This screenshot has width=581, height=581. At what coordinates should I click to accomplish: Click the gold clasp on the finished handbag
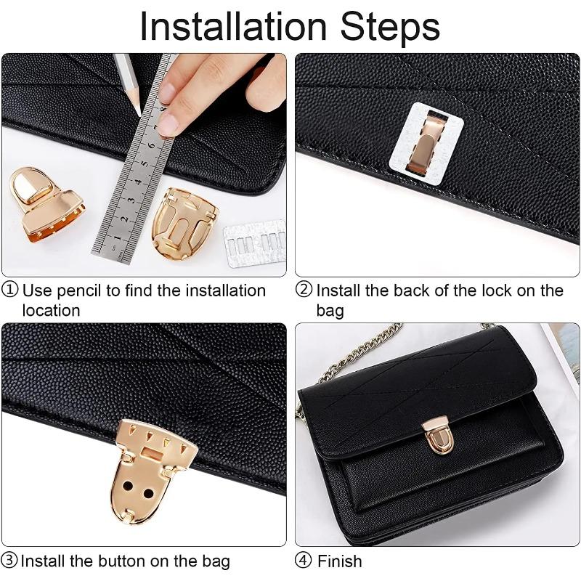point(438,434)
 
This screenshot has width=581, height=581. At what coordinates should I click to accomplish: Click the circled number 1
point(10,290)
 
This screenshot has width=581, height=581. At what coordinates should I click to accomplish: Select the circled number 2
point(304,290)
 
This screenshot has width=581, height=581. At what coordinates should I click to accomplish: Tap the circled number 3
point(10,561)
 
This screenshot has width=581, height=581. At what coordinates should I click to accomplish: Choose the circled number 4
point(304,561)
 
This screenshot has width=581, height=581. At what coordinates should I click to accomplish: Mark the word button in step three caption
point(130,561)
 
